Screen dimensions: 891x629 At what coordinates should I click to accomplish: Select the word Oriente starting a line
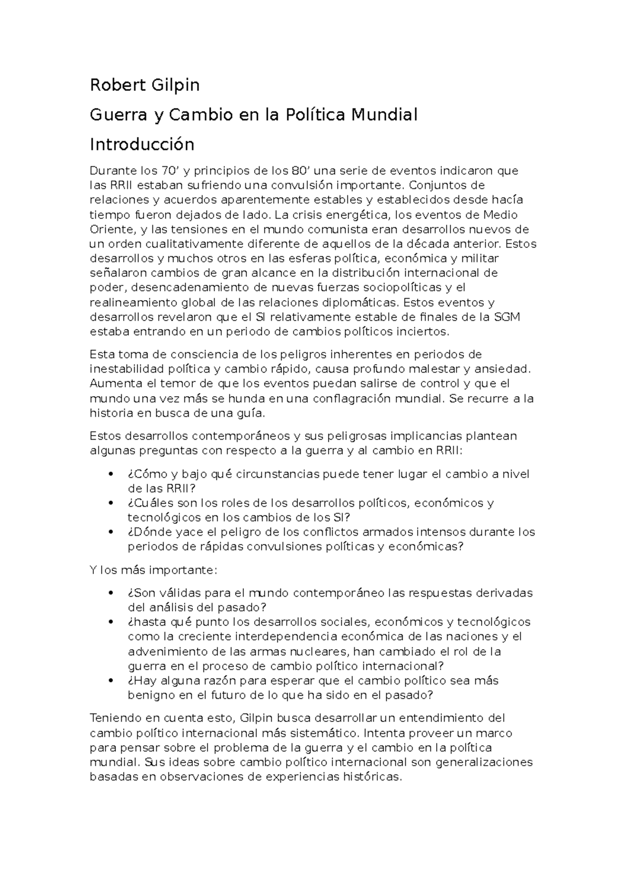tap(111, 229)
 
